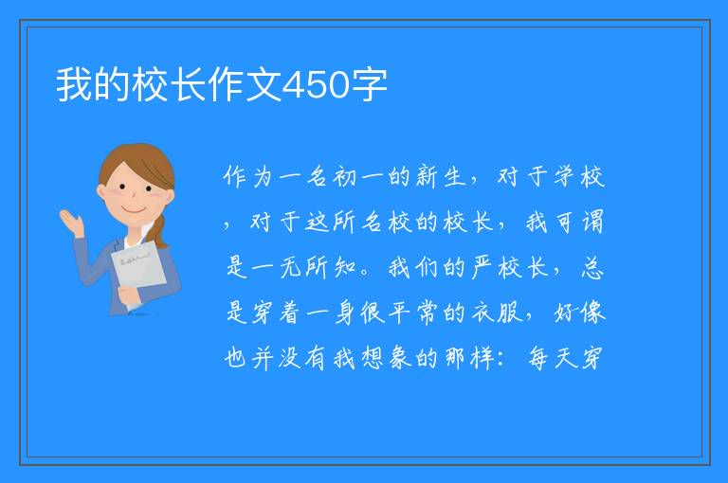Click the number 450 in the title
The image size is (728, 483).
point(316,85)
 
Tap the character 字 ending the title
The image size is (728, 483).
point(369,85)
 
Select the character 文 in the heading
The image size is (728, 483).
point(264,85)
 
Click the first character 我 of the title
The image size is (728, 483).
point(74,85)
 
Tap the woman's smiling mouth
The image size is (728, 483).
point(134,211)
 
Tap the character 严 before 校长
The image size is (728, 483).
point(482,268)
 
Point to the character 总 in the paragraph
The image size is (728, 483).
point(591,268)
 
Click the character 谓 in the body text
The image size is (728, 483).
point(592,223)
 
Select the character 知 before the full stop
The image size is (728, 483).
point(345,268)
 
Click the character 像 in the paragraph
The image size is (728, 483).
point(592,313)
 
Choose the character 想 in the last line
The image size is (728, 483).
point(373,358)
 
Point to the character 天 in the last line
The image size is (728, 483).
point(566,358)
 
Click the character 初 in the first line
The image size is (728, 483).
point(344,177)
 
